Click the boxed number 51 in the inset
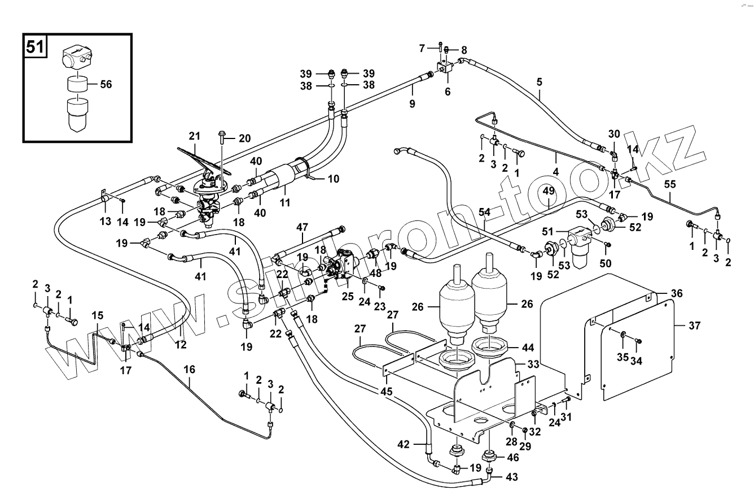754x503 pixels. (x=35, y=47)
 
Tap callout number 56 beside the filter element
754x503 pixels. (x=106, y=84)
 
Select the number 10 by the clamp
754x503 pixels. (x=334, y=180)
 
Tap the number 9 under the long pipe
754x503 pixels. (x=412, y=103)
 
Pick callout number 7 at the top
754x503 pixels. (x=422, y=49)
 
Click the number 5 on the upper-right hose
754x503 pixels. (x=539, y=82)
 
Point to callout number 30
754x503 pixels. (x=614, y=134)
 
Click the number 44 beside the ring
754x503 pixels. (x=528, y=347)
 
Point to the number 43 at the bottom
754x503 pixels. (x=511, y=477)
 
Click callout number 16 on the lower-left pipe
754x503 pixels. (x=189, y=369)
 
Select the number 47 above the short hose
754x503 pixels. (x=303, y=227)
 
